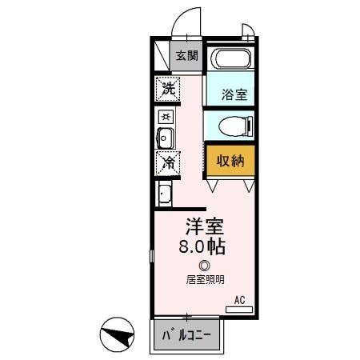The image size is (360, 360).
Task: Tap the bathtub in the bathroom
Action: tap(230, 60)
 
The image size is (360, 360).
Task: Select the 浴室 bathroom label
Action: tap(234, 94)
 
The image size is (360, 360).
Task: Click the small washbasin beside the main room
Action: tap(164, 194)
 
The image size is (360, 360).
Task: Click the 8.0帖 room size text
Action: tap(204, 246)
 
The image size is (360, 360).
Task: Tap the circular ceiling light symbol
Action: tap(205, 266)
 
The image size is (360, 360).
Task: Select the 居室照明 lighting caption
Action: tap(205, 279)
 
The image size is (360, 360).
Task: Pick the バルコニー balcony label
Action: tap(187, 334)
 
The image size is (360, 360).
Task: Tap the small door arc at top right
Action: tap(248, 33)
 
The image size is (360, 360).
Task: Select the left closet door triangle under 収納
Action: tap(213, 186)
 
